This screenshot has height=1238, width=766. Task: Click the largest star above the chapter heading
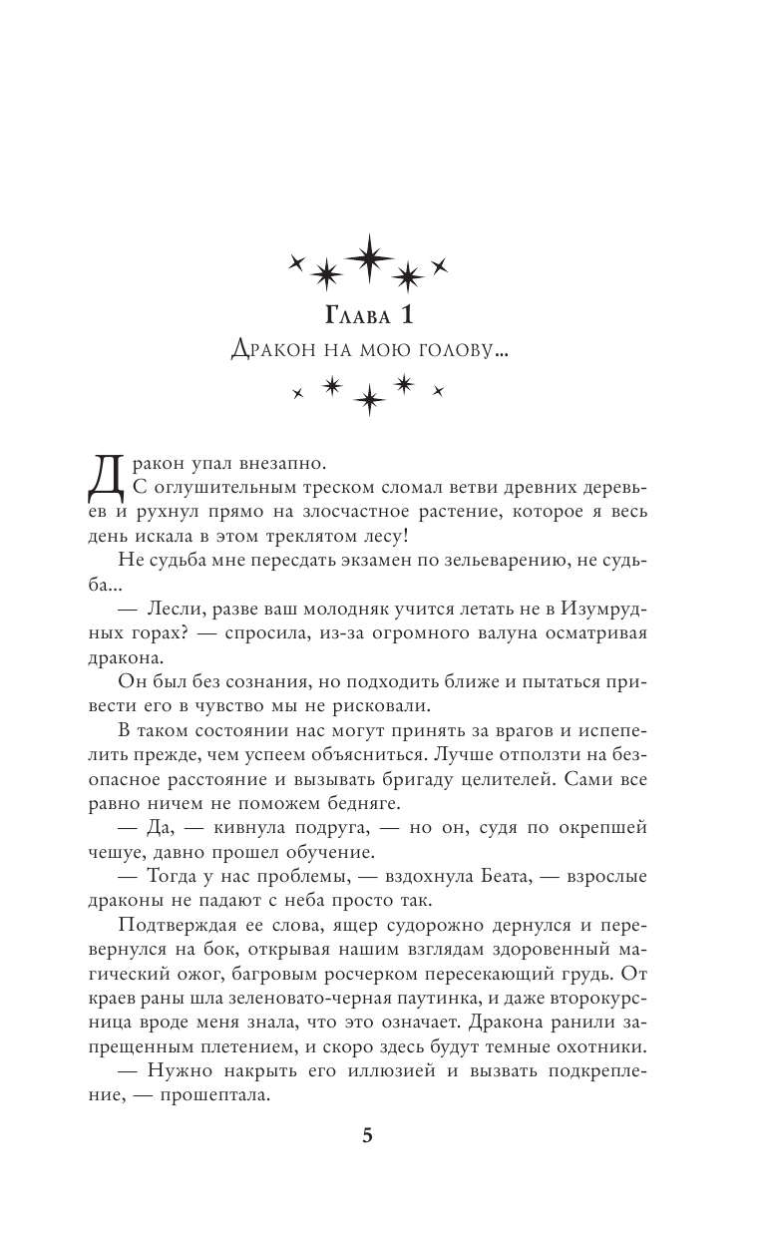point(370,257)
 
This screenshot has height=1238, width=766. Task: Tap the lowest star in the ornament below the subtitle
point(369,400)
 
